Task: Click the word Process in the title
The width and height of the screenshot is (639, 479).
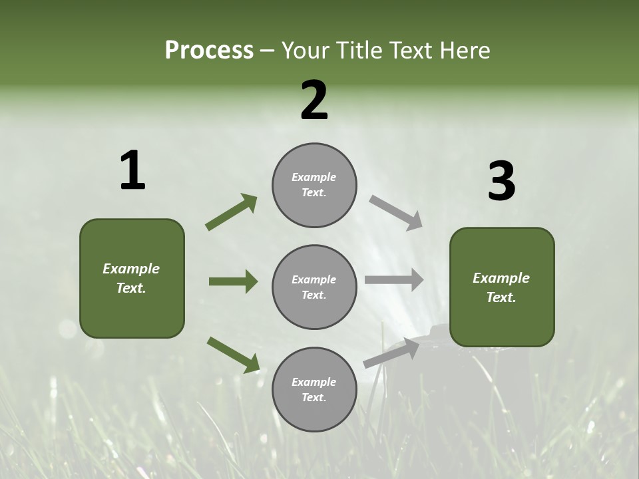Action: click(209, 51)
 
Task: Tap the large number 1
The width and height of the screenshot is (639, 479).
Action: click(132, 171)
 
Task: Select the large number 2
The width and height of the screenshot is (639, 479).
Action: click(314, 100)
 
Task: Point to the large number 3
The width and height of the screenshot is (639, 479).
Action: click(501, 182)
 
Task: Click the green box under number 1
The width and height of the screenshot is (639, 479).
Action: click(132, 278)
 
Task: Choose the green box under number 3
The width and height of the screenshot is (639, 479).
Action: click(502, 287)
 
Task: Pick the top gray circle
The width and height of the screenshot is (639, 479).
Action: click(314, 185)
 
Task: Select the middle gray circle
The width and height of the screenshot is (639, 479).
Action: click(314, 287)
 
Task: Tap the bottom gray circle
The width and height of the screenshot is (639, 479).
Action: click(314, 389)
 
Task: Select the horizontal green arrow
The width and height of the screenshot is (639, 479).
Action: click(233, 281)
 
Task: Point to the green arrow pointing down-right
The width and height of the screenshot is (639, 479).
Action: click(233, 355)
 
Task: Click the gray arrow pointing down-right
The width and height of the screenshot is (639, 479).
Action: click(395, 213)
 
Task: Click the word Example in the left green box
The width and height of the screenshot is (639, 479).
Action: click(131, 269)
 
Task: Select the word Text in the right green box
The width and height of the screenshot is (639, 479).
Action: click(501, 297)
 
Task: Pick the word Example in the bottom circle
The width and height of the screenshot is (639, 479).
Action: click(314, 382)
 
